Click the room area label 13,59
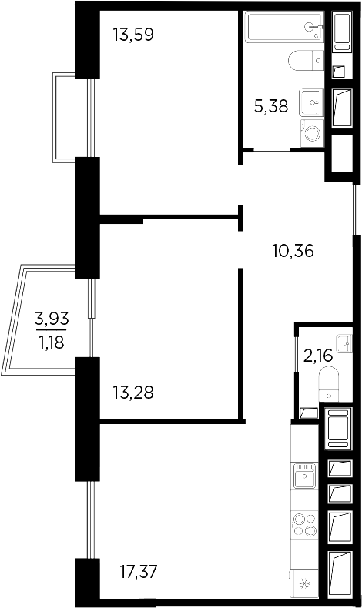(129, 35)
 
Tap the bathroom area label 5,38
(270, 106)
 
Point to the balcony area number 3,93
(50, 316)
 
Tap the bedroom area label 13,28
(133, 393)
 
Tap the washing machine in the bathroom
(313, 133)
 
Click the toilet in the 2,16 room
(330, 381)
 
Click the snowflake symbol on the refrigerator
(303, 583)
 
